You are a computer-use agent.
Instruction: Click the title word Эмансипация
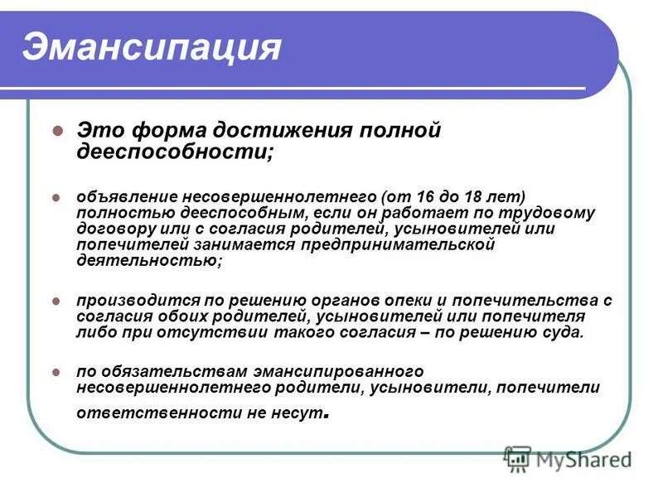click(152, 47)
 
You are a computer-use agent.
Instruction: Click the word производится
click(128, 300)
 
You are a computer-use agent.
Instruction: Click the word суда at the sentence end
click(564, 332)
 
